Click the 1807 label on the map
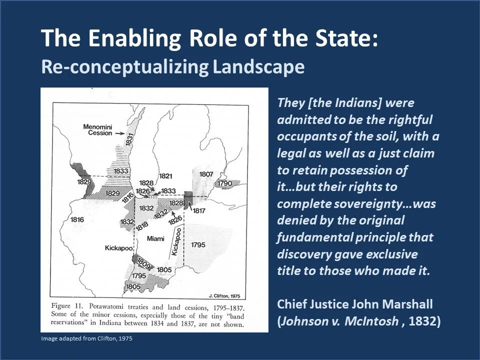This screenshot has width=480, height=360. click(206, 174)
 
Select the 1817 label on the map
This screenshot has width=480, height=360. click(199, 211)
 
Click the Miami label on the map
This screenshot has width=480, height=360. click(155, 239)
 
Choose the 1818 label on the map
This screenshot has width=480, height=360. click(142, 225)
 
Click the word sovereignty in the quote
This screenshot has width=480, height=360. click(355, 203)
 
